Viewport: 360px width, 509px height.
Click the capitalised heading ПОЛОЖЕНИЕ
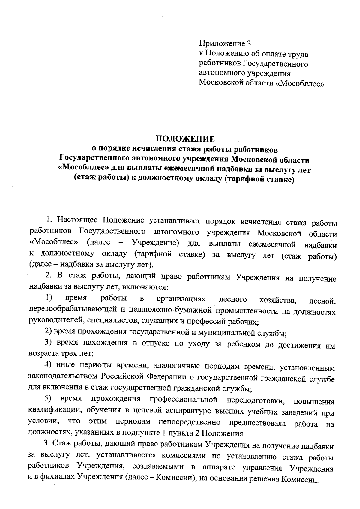[185, 139]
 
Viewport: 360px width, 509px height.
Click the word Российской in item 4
[118, 377]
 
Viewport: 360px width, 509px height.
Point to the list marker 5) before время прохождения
[48, 399]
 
